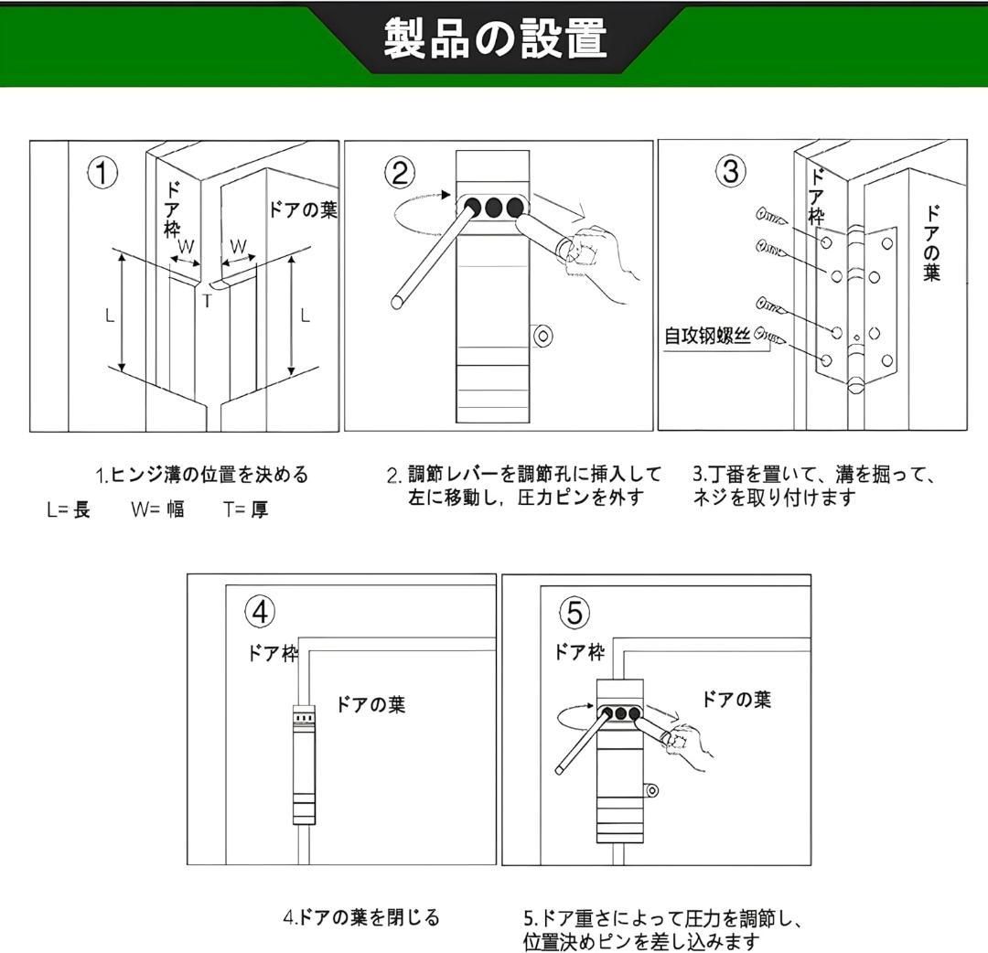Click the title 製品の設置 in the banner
[x=494, y=39]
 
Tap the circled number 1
[x=102, y=173]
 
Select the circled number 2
[x=400, y=173]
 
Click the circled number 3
[x=730, y=172]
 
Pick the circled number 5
[x=575, y=612]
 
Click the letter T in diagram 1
[x=208, y=300]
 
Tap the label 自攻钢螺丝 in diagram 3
[x=707, y=336]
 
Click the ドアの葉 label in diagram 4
[x=370, y=704]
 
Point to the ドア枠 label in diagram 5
[x=579, y=652]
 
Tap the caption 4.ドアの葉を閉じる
[x=360, y=916]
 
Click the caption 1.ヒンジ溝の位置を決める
[x=202, y=475]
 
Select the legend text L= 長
[x=69, y=509]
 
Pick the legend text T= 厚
[x=245, y=509]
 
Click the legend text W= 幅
[x=156, y=509]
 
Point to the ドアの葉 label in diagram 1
[x=302, y=210]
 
